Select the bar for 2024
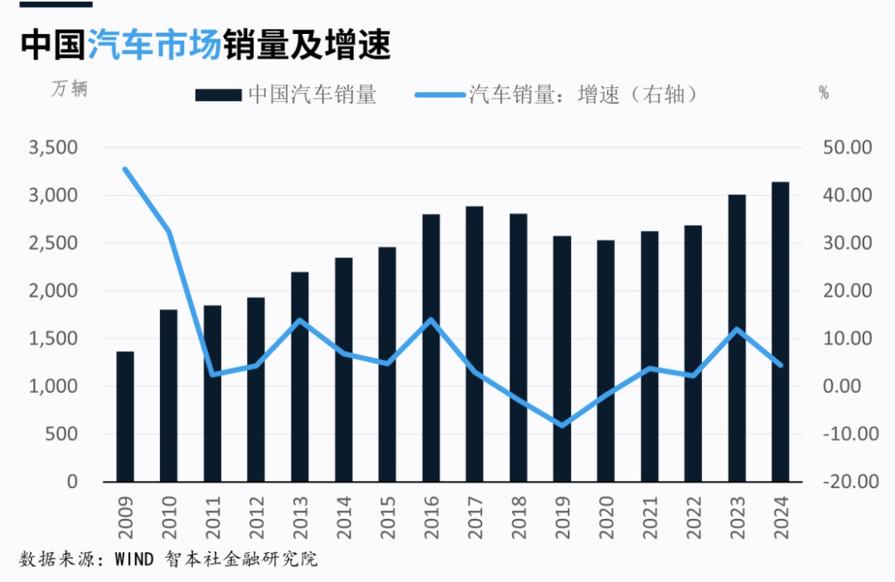point(780,332)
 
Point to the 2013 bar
point(300,376)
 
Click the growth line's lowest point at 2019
point(562,425)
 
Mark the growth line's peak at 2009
point(125,169)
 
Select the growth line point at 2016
point(431,320)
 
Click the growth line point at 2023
point(736,329)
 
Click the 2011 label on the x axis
point(213,516)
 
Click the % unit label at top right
point(824,93)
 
